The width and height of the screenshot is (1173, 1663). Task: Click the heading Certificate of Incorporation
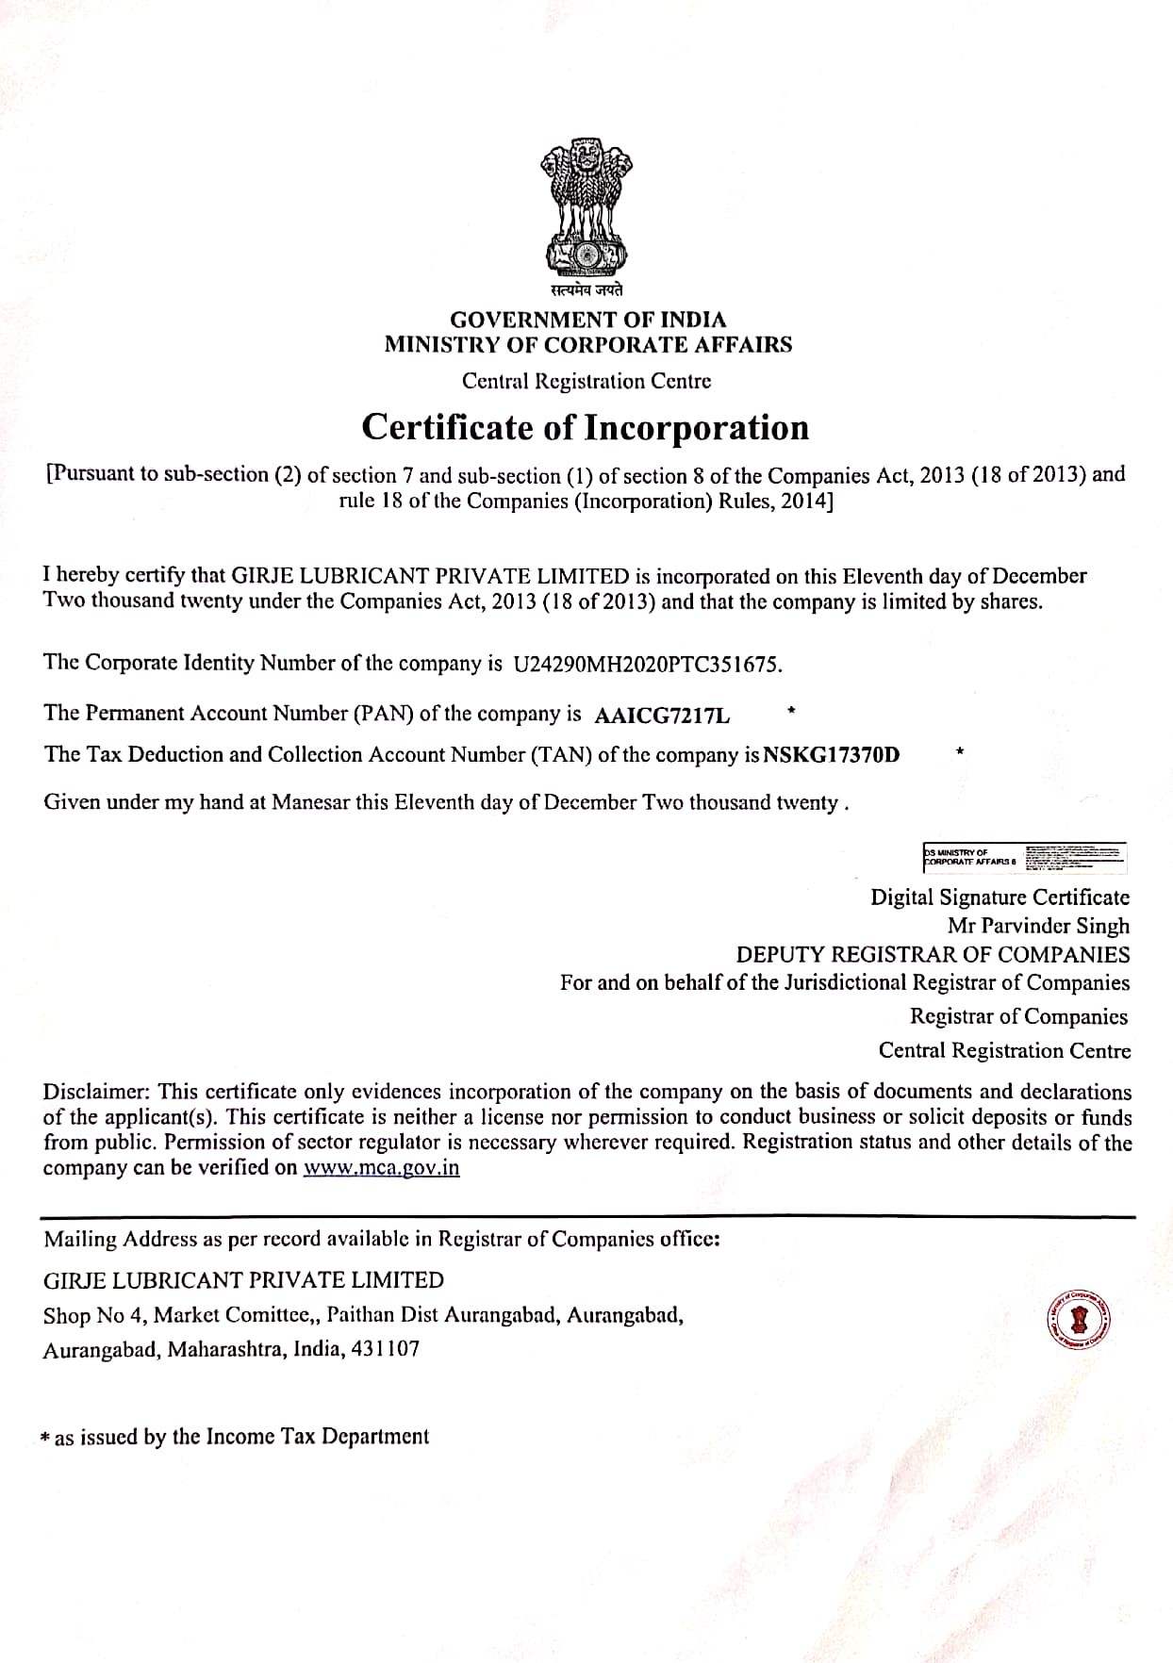(x=586, y=427)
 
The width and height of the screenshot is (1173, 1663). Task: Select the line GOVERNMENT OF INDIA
(x=587, y=320)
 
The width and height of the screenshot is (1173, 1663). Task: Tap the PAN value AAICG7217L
(x=663, y=716)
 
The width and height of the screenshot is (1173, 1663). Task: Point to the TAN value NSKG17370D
(x=831, y=755)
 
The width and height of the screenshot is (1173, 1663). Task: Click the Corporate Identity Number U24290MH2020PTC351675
(x=647, y=664)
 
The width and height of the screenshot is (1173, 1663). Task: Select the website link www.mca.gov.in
(x=381, y=1168)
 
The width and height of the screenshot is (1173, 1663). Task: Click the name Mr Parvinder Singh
(x=1038, y=926)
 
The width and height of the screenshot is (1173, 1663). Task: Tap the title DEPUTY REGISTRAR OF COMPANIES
(x=933, y=954)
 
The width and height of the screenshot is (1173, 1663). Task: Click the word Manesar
(x=310, y=803)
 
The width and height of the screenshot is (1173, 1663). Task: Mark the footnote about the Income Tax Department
(x=236, y=1437)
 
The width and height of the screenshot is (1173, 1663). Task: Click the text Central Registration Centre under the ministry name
(x=586, y=381)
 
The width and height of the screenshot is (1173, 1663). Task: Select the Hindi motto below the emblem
(x=587, y=290)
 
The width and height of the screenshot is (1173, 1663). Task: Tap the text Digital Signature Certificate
(x=1000, y=897)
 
